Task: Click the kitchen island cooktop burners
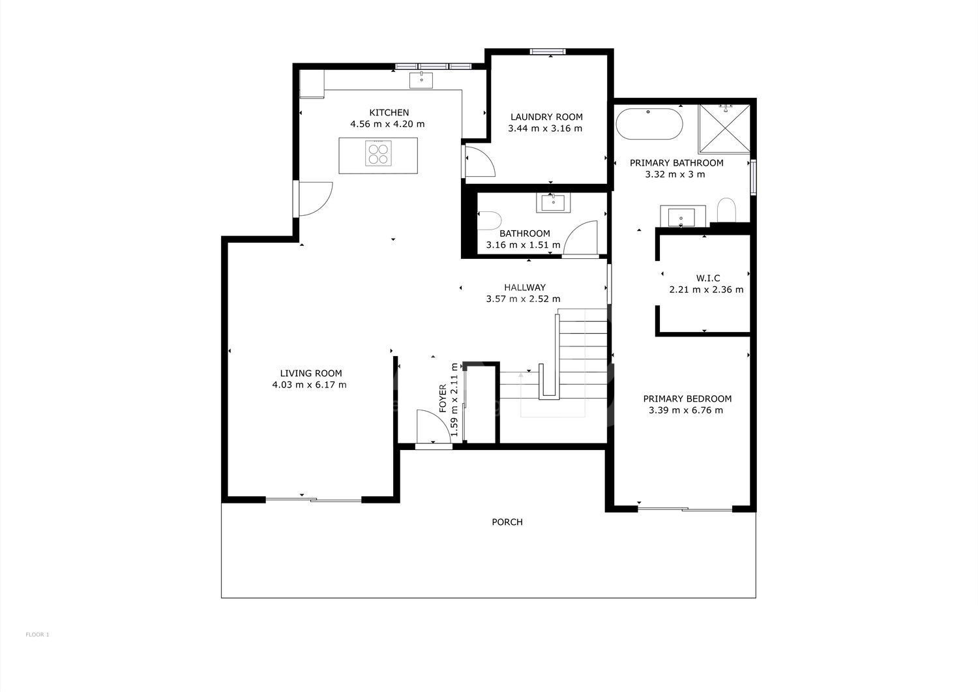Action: [378, 153]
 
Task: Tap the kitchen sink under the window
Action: [421, 80]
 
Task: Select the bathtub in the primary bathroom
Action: [649, 124]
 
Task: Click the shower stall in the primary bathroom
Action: [724, 128]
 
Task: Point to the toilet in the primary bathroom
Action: [726, 210]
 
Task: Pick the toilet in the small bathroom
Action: [488, 220]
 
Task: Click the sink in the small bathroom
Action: [553, 203]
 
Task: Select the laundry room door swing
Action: [481, 161]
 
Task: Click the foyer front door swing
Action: [433, 426]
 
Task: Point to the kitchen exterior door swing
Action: [315, 199]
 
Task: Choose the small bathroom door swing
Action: [580, 237]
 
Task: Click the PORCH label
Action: [507, 522]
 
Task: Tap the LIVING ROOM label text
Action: [311, 373]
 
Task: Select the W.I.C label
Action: [707, 278]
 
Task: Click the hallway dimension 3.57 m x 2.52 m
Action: [523, 299]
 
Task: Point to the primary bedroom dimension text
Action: [685, 410]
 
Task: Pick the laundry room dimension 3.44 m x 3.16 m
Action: [545, 128]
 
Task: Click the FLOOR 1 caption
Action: [38, 635]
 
